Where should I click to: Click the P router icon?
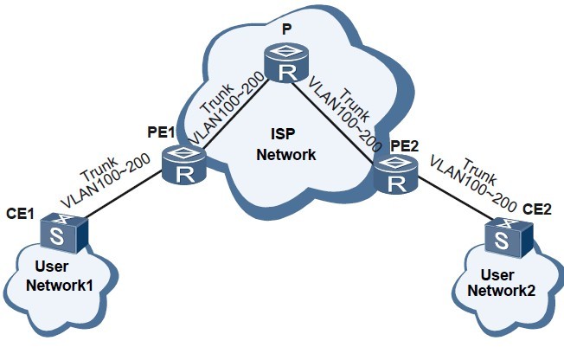[x=285, y=64]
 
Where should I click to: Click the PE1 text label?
[x=160, y=134]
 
